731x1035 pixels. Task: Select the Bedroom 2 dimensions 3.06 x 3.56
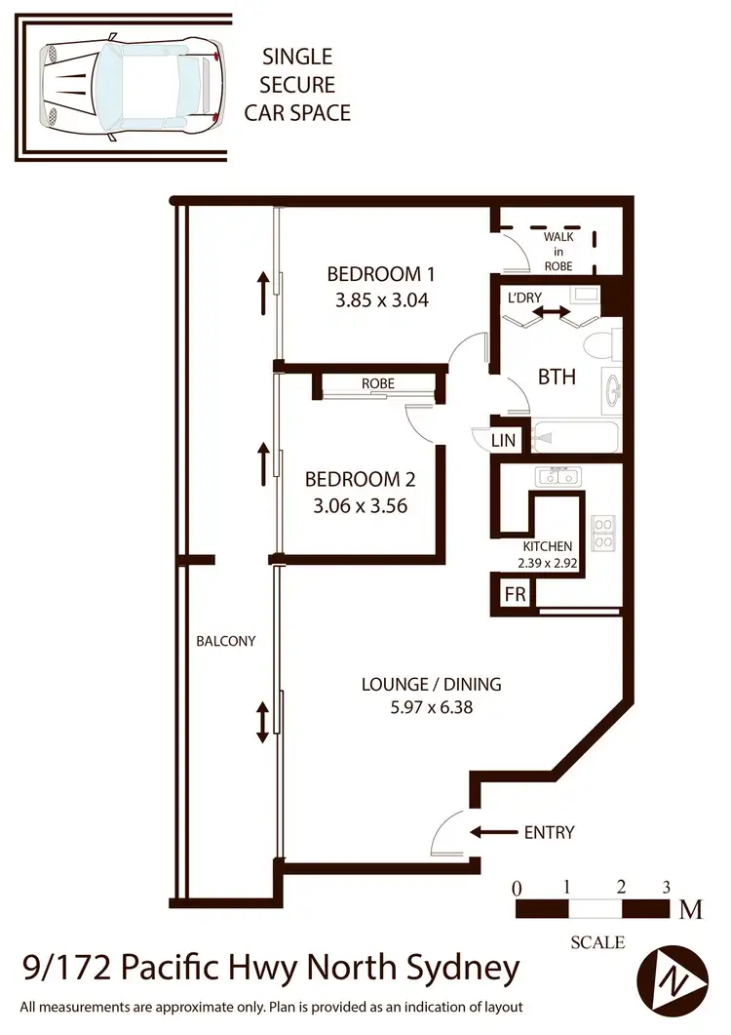[x=360, y=505]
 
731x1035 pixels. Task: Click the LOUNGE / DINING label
[x=431, y=684]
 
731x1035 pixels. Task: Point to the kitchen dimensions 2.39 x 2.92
[x=548, y=563]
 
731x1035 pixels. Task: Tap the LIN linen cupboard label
[x=503, y=441]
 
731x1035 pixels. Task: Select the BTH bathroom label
[x=557, y=377]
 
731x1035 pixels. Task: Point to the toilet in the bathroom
[x=598, y=344]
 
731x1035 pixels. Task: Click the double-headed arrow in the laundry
[x=552, y=311]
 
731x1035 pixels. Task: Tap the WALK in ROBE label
[x=558, y=251]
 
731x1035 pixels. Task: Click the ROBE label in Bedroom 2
[x=377, y=383]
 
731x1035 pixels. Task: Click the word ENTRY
[x=550, y=832]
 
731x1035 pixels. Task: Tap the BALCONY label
[x=225, y=641]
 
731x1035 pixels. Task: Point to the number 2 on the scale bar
[x=621, y=888]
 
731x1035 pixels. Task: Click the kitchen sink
[x=558, y=477]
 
